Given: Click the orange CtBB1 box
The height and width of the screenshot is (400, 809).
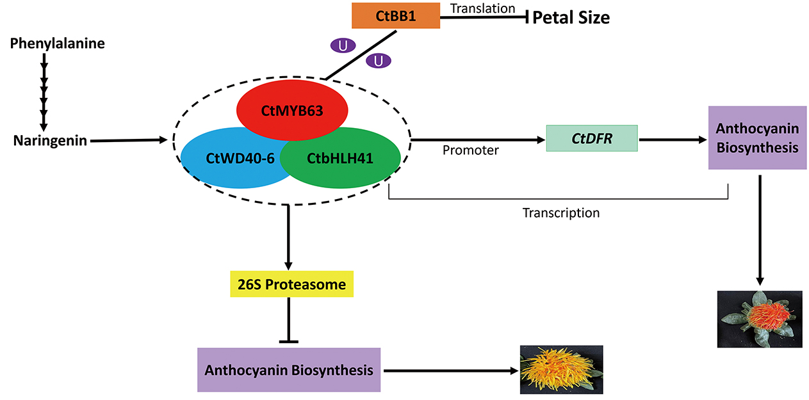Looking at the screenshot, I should [395, 15].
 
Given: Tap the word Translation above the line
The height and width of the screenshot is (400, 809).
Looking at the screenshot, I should [483, 8].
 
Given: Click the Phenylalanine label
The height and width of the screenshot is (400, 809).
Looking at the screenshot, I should [58, 44].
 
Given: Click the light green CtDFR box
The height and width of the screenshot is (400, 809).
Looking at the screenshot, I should [591, 138].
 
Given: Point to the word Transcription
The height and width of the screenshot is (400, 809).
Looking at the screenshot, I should [560, 212].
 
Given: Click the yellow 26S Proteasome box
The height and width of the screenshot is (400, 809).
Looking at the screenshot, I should [291, 284].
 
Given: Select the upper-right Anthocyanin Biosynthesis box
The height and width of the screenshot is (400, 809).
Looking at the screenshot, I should [757, 138].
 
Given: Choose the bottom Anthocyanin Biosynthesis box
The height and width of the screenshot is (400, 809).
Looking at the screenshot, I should [289, 370].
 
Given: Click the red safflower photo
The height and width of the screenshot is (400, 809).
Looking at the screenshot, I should [760, 319].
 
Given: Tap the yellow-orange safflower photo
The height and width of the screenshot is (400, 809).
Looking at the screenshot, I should [561, 370].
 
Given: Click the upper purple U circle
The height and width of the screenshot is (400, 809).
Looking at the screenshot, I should [342, 45].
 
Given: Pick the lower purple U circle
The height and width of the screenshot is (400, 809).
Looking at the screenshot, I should [379, 61].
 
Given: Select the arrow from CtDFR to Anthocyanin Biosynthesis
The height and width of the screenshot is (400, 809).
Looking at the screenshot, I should [673, 138].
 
